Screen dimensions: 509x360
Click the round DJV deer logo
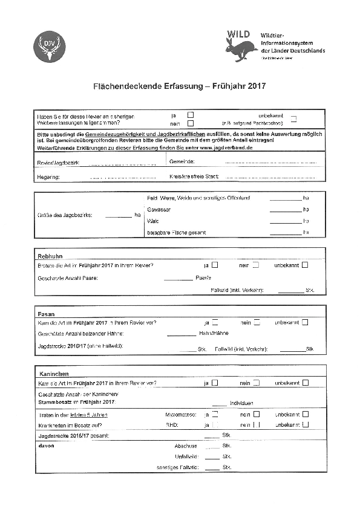[48, 46]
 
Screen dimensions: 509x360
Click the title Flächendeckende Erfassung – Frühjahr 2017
[180, 86]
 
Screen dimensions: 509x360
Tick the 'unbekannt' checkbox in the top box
[293, 118]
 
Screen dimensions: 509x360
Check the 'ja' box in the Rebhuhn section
[215, 265]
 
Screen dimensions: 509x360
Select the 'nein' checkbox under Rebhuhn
[256, 265]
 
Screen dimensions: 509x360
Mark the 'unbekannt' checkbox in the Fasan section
[305, 323]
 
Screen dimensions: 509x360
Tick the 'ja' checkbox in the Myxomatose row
[215, 414]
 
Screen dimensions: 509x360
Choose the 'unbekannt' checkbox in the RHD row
[305, 424]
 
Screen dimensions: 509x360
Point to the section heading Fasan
[47, 314]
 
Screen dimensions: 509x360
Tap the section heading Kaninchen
[54, 374]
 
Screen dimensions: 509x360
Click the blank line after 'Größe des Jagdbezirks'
[118, 215]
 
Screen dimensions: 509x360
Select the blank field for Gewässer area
[285, 210]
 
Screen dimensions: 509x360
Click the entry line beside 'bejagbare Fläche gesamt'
[285, 233]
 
